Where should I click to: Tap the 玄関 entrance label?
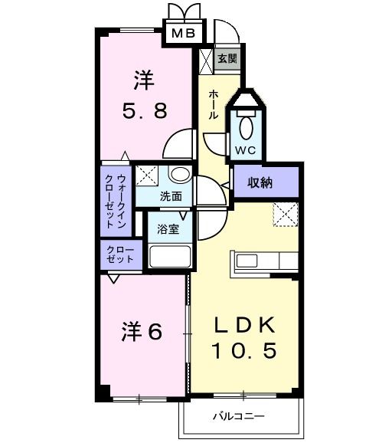pos(227,59)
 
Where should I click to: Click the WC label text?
pos(245,149)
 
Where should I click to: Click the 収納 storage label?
pos(260,182)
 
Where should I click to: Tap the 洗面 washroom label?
pos(171,195)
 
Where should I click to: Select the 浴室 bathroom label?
pos(168,228)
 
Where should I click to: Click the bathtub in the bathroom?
pos(168,256)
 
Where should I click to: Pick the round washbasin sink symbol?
pos(178,174)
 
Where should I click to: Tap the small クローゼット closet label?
pos(119,254)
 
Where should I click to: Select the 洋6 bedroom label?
pos(142,333)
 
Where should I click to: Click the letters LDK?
pos(243,325)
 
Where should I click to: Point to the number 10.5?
pos(243,352)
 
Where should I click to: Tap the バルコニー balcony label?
pos(239,417)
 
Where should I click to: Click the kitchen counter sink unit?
pos(263,261)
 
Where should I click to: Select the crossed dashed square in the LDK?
pos(286,216)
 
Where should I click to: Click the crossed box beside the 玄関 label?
pos(206,59)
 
